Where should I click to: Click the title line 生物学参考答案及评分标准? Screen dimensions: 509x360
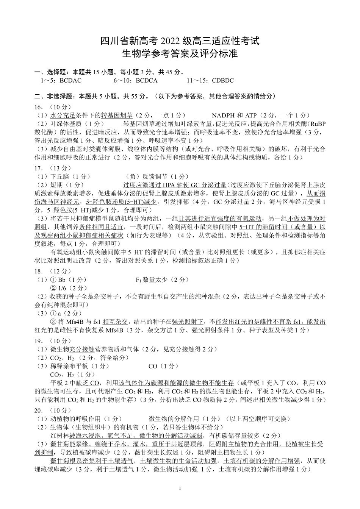click(180, 54)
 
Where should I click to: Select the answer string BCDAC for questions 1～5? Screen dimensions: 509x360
click(70, 81)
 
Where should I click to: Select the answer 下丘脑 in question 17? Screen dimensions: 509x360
click(59, 176)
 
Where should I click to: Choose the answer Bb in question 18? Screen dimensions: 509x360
click(62, 280)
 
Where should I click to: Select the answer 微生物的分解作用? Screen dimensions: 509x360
click(174, 418)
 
